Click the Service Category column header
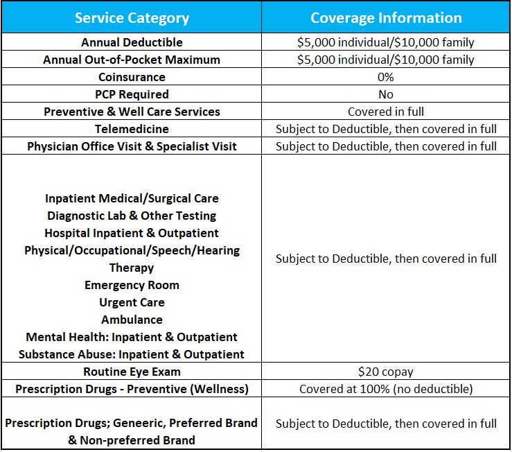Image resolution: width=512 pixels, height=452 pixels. click(x=131, y=18)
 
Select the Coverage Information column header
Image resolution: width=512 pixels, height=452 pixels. click(x=386, y=18)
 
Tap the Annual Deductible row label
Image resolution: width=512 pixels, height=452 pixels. click(x=132, y=42)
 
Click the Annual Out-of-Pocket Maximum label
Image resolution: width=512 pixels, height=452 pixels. click(x=132, y=60)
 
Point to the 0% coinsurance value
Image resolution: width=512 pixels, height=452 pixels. click(x=386, y=77)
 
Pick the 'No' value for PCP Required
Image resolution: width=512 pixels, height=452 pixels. click(x=386, y=94)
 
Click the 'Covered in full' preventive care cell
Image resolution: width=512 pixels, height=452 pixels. click(x=386, y=112)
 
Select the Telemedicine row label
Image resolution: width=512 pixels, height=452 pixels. click(x=132, y=129)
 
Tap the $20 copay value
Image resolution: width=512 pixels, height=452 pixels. click(x=386, y=372)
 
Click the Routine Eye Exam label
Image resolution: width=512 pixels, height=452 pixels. click(x=132, y=372)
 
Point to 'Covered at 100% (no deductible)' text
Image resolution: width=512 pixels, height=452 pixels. click(x=386, y=389)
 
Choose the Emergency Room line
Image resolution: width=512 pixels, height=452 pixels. click(x=132, y=285)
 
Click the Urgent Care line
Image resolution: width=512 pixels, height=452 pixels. click(x=132, y=302)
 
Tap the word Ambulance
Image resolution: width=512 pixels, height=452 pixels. click(x=132, y=320)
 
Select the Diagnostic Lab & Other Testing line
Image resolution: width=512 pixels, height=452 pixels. click(x=132, y=216)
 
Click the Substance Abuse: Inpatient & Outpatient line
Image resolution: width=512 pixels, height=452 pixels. click(x=132, y=354)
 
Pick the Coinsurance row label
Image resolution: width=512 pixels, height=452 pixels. click(x=132, y=77)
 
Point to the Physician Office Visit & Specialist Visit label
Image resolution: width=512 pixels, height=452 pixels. click(x=132, y=146)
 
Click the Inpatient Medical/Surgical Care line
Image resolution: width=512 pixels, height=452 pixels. click(x=132, y=198)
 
